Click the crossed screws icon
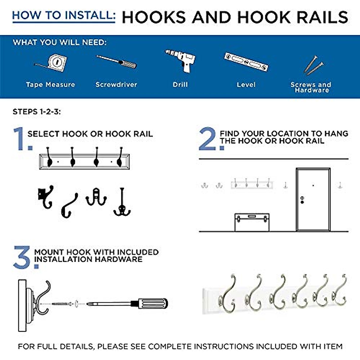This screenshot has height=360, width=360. point(313,65)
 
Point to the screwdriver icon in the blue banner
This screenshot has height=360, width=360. point(116,61)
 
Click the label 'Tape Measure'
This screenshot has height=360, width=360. point(50,85)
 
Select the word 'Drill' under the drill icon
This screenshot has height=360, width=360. point(180,85)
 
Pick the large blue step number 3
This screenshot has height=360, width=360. point(23,257)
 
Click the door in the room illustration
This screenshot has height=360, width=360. point(313,199)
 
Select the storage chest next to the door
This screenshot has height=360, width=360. point(252,222)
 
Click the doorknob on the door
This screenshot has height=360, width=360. point(302,200)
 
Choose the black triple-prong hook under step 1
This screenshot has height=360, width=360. point(122,202)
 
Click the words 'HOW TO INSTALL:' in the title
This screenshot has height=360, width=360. point(64,15)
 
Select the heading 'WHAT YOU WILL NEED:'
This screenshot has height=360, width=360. point(59,42)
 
